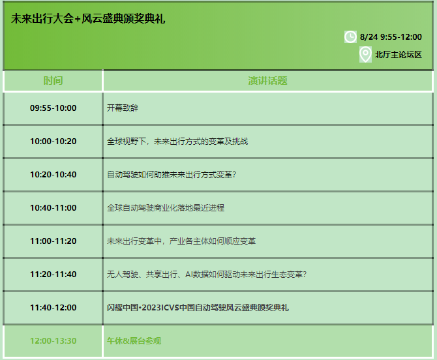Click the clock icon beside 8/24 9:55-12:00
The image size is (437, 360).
coord(350,37)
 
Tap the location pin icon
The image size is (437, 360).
coord(365,55)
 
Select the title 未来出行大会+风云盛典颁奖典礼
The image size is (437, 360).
coord(88,19)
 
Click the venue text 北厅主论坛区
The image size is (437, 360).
coord(399,55)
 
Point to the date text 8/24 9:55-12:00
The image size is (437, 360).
coord(391,37)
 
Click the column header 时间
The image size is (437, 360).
coord(53,80)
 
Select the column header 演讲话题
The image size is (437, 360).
coord(267,80)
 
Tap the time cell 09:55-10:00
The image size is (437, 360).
coord(53,108)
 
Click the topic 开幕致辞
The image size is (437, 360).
coord(123,108)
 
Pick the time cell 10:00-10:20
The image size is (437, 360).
coord(53,142)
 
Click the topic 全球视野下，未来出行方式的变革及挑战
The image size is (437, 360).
coord(177,142)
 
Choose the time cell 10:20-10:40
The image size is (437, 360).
coord(53,174)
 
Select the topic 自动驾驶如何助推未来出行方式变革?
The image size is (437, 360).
coord(172,174)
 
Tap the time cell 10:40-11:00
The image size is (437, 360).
coord(53,207)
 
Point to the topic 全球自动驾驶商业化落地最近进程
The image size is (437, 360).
coord(166,207)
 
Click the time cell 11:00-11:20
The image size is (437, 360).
coord(53,241)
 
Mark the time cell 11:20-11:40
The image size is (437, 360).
coord(53,274)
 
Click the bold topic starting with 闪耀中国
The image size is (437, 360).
coord(198,308)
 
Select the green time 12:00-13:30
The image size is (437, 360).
coord(53,341)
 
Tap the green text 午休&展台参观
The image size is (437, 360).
coord(134,341)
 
